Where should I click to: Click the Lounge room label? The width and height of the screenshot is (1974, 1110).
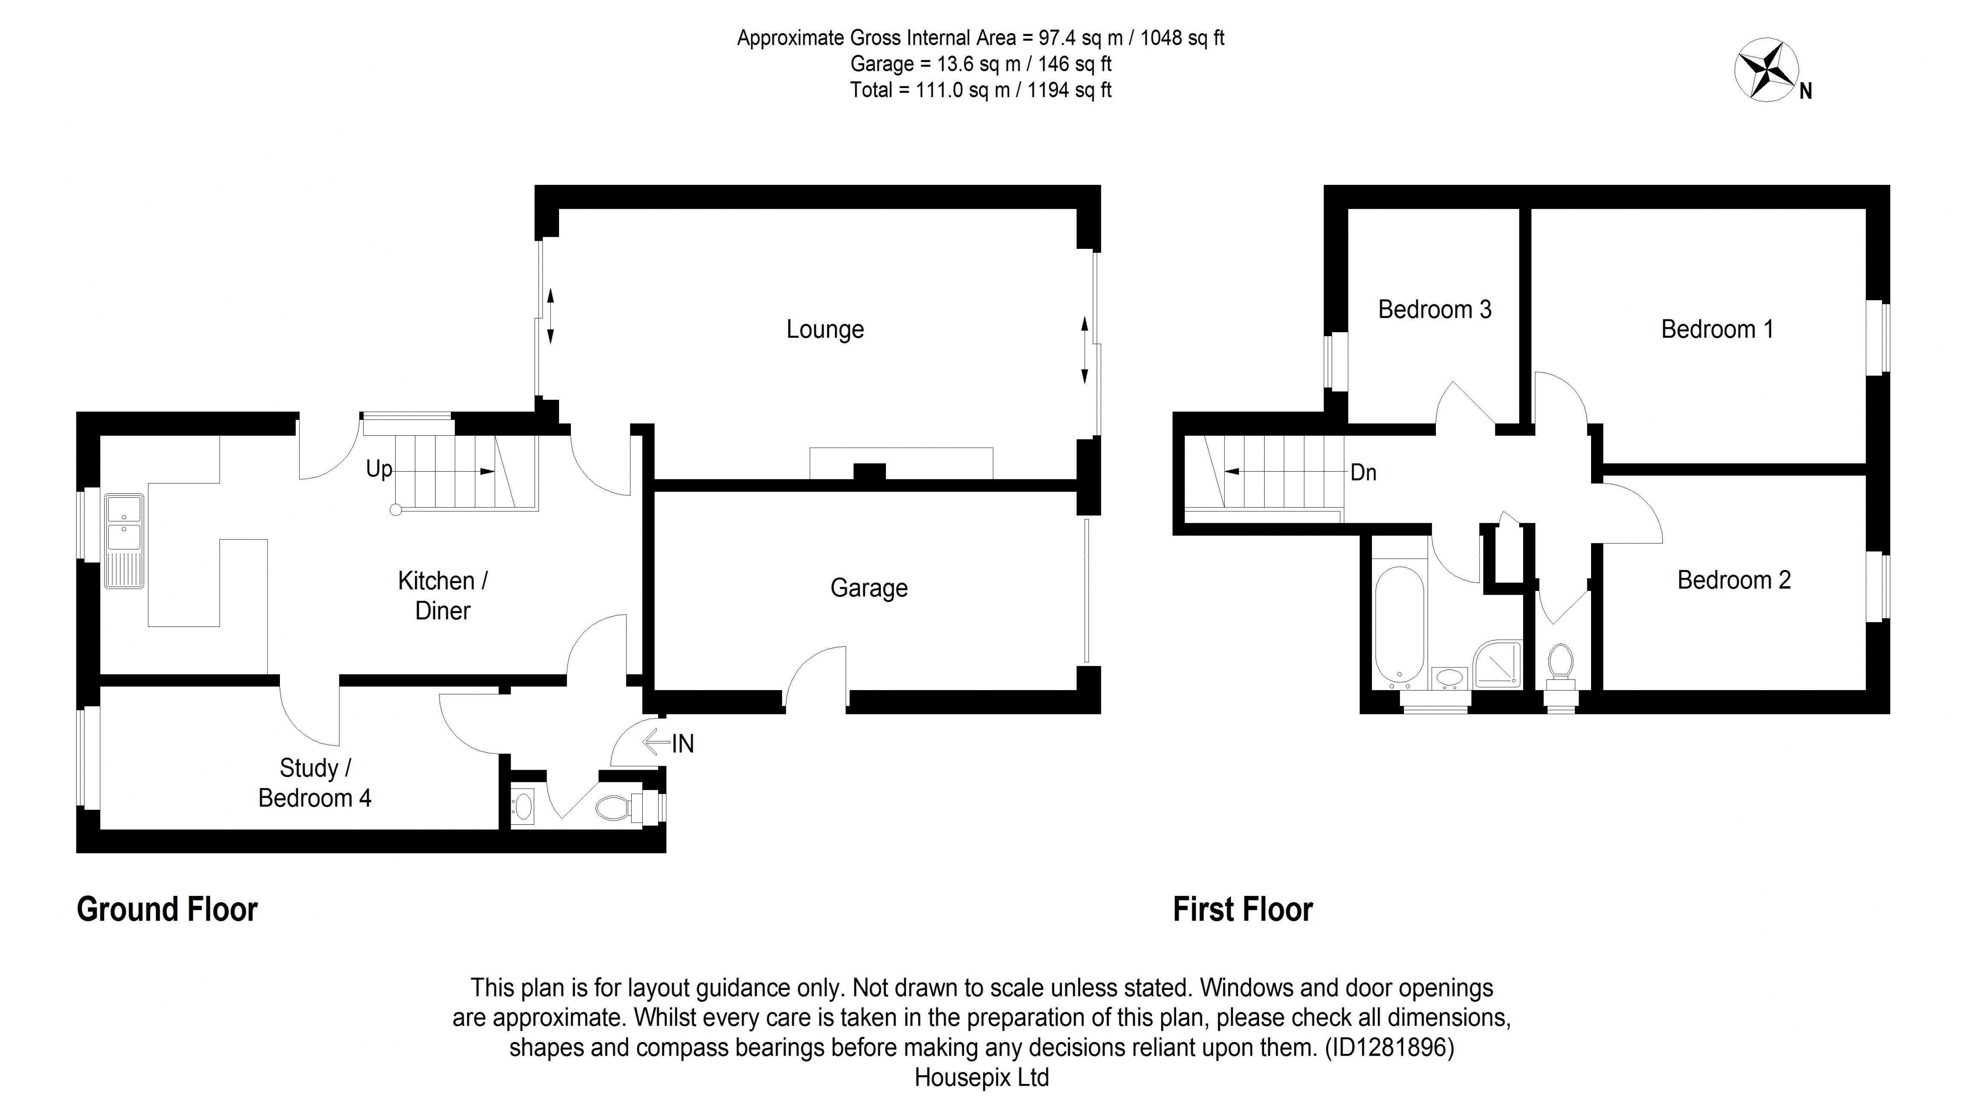(824, 330)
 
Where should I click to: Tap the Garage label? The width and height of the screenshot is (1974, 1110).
(868, 588)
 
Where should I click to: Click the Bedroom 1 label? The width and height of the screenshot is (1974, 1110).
(1717, 330)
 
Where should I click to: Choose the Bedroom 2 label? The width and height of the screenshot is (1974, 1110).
(1733, 580)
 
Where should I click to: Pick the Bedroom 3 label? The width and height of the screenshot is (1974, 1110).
(1435, 310)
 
